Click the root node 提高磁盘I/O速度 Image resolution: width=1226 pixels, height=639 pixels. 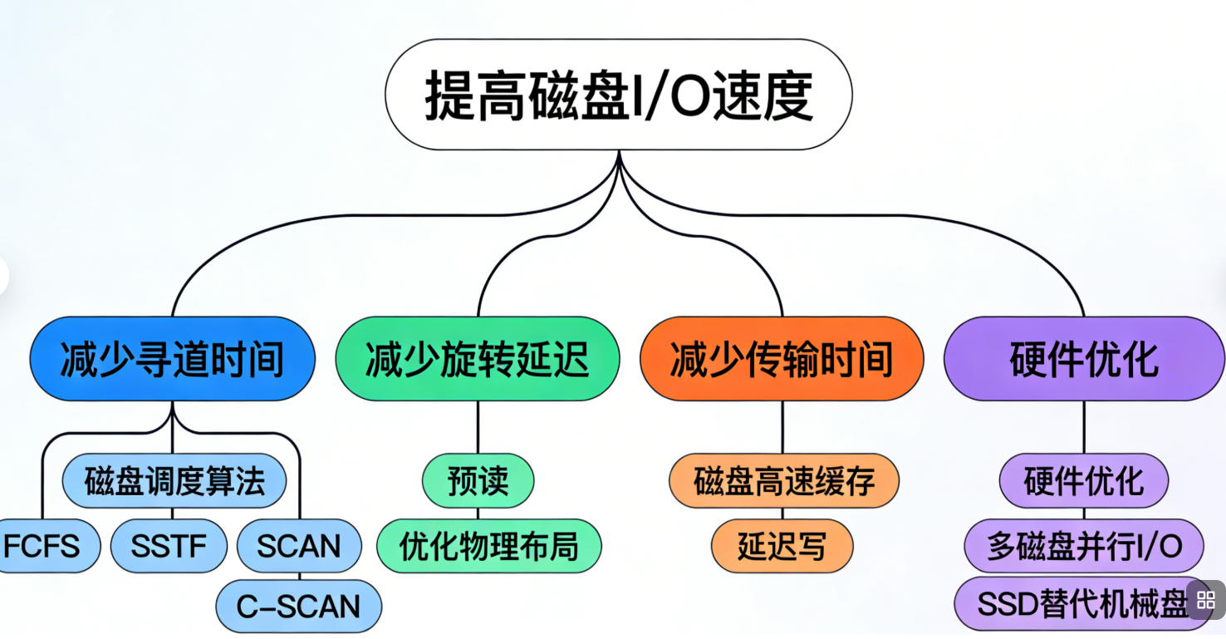pos(618,95)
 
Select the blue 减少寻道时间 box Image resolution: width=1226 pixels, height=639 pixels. pos(172,360)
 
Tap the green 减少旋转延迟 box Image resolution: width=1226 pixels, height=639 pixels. pos(477,360)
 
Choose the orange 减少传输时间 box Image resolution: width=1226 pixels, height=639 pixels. pos(782,360)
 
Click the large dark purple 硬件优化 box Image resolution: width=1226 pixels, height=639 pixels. pos(1083,360)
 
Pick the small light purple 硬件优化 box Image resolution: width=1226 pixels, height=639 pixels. pos(1083,481)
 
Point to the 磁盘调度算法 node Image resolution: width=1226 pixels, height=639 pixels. pos(174,481)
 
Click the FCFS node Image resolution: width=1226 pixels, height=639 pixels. pos(43,546)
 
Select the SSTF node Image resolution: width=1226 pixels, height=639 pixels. pos(169,546)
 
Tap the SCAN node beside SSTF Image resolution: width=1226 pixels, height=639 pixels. pos(299,546)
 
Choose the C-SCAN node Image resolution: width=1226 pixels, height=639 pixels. pos(299,607)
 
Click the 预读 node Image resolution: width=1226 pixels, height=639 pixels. pos(478,481)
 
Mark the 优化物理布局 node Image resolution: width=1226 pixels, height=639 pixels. pos(488,546)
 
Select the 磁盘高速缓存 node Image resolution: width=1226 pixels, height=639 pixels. pos(783,481)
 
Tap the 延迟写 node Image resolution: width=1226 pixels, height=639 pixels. pos(782,546)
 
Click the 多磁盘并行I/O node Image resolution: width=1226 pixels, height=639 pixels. pos(1083,546)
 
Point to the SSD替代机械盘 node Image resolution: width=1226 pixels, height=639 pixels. pos(1080,605)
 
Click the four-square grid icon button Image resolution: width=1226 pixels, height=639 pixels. pos(1206,600)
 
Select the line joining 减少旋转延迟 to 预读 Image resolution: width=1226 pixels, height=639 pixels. pos(478,427)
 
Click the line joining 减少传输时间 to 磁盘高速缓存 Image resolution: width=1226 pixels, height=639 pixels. pos(782,427)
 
